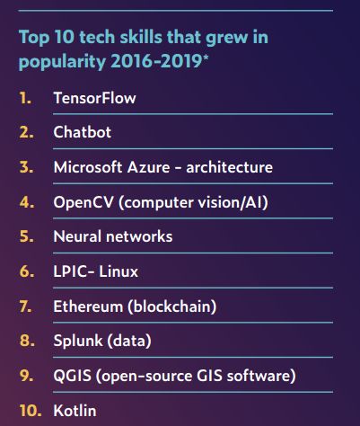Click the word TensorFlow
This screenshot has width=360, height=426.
[94, 98]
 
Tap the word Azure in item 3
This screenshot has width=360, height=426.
[152, 168]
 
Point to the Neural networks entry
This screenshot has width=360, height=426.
[113, 237]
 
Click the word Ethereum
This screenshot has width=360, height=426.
[88, 306]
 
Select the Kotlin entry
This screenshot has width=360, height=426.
[75, 411]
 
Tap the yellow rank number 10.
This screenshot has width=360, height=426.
[27, 411]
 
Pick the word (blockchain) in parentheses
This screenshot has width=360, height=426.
[172, 306]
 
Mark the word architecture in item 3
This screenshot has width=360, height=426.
[229, 168]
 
